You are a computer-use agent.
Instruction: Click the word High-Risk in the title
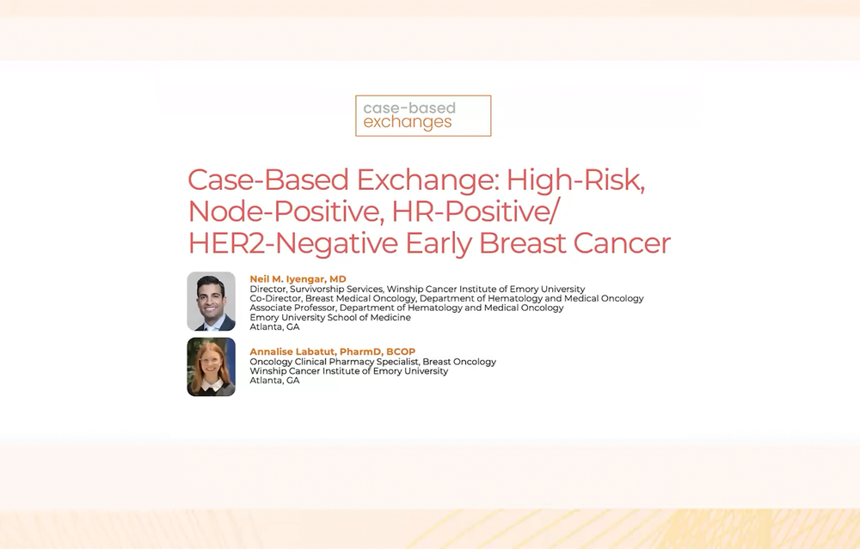[575, 180]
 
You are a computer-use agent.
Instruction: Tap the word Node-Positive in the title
[286, 211]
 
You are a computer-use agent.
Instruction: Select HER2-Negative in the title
[293, 243]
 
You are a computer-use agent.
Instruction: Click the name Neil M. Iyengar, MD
[298, 279]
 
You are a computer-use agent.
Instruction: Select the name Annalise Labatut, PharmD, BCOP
[332, 351]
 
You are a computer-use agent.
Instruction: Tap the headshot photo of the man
[212, 302]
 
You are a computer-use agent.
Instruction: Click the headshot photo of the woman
[212, 367]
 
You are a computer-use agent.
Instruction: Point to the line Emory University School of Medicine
[330, 317]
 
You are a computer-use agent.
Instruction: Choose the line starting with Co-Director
[446, 299]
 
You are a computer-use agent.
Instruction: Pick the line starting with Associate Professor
[407, 308]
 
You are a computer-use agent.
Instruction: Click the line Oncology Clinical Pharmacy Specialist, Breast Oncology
[373, 362]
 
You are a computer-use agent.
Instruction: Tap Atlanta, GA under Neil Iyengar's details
[275, 327]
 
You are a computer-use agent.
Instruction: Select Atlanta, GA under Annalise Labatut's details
[275, 381]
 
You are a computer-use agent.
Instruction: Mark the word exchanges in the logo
[408, 122]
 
